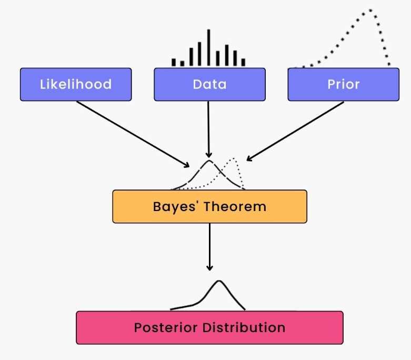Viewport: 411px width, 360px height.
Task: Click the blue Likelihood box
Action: [76, 84]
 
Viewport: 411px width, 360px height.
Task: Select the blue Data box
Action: [209, 84]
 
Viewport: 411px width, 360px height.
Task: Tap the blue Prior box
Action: [344, 84]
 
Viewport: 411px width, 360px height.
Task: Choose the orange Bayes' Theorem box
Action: [209, 207]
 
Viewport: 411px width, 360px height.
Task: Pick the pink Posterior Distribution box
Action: [209, 328]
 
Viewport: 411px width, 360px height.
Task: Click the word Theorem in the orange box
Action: [235, 207]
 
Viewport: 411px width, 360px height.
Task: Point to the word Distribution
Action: [244, 328]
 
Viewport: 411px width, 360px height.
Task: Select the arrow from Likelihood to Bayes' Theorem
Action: [133, 134]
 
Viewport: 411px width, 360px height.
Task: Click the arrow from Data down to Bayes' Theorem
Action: [208, 129]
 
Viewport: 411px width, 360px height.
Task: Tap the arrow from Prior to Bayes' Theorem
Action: [295, 131]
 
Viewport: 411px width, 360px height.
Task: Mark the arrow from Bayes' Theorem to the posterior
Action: [209, 247]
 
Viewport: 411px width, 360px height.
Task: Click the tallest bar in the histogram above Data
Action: [208, 47]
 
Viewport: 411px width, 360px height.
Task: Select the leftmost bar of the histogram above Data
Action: [174, 62]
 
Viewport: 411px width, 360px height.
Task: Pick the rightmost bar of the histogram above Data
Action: [243, 62]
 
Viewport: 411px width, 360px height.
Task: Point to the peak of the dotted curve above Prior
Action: [370, 10]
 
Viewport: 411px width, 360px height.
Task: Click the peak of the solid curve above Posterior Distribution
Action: [219, 281]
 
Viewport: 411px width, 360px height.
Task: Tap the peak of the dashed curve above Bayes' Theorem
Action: [209, 161]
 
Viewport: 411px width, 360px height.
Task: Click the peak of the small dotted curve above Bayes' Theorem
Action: [233, 158]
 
